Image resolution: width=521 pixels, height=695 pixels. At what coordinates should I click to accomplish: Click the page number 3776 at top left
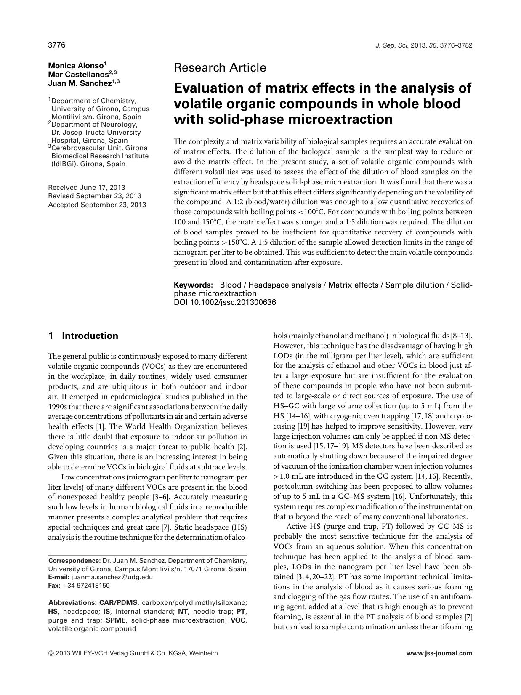coord(57,45)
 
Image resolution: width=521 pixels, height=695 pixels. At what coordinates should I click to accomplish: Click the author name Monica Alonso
coord(76,65)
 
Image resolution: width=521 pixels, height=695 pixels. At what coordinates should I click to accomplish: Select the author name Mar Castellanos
coord(79,74)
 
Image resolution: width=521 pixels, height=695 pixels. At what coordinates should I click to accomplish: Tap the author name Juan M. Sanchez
coord(80,83)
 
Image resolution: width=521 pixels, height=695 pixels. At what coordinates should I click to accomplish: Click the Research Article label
coord(220,67)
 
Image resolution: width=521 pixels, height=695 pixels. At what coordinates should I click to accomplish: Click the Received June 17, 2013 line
coord(87,188)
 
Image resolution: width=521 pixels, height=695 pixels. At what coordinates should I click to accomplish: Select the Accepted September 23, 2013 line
coord(97,205)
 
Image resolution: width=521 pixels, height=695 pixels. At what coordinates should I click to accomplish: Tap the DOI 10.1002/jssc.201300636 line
coord(225,302)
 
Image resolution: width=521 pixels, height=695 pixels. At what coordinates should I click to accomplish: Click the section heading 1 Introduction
coord(83,336)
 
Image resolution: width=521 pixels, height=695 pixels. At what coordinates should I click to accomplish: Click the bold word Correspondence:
coord(74,561)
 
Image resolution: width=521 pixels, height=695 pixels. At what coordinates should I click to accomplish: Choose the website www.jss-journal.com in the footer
coord(439,653)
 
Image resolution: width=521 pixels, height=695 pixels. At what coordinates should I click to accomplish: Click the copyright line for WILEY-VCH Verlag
coord(133,653)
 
